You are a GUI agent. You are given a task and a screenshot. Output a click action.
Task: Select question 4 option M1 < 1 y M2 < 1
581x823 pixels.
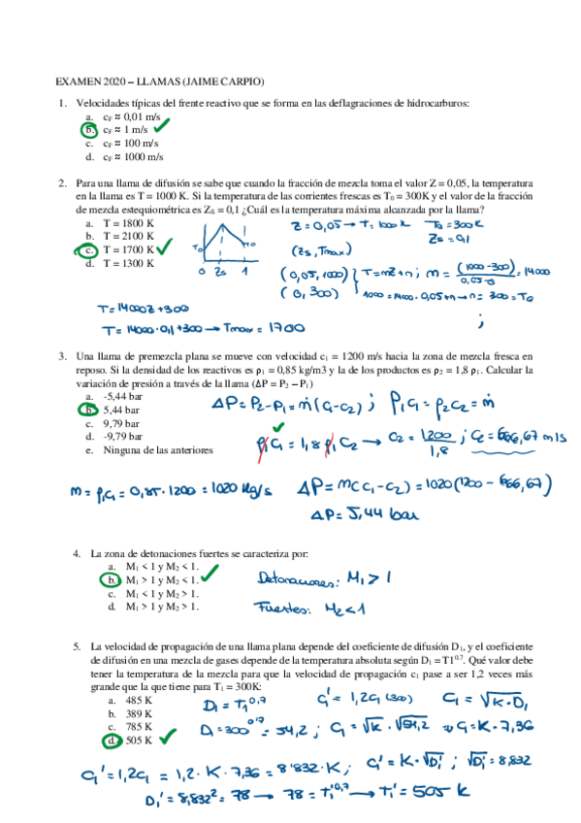point(161,566)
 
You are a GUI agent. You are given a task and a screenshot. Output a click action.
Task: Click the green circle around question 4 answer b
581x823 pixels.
point(113,580)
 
